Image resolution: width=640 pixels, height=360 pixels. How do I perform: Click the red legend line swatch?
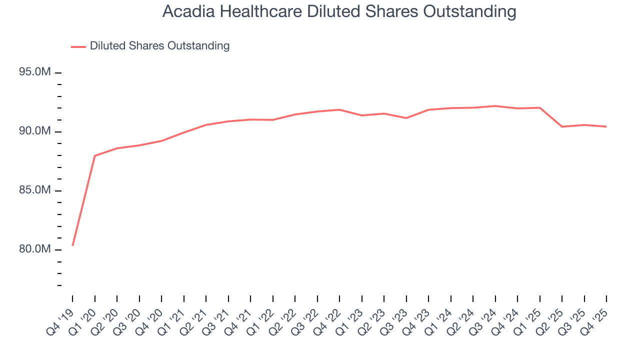[78, 46]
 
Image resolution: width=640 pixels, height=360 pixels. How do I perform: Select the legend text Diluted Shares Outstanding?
[159, 46]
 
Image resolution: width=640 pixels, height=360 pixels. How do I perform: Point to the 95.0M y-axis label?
[35, 72]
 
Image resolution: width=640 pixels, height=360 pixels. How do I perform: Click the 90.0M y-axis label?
[35, 131]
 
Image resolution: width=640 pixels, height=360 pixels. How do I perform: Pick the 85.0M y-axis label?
[35, 190]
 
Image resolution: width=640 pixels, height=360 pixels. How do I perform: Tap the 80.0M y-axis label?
[35, 249]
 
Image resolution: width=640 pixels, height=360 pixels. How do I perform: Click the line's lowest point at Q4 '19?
[72, 245]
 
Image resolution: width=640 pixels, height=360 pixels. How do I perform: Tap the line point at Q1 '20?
[95, 155]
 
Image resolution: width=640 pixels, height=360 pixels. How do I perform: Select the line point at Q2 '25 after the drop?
[562, 126]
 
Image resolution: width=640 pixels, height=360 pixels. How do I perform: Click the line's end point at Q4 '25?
[606, 126]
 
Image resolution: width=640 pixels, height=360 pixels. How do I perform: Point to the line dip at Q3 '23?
[406, 118]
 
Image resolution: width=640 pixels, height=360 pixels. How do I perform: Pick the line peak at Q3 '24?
[495, 106]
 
